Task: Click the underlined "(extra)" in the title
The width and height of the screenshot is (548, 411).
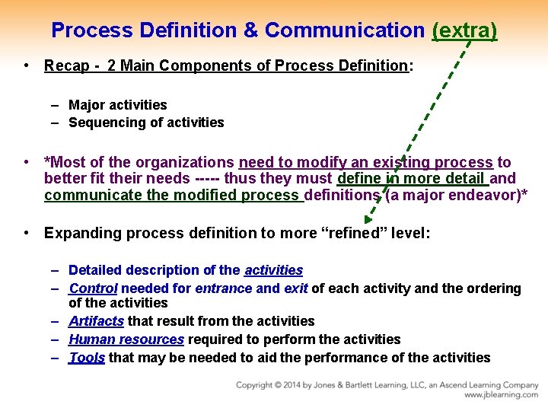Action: [x=464, y=30]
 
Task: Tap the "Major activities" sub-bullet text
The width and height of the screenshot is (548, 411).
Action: [x=117, y=105]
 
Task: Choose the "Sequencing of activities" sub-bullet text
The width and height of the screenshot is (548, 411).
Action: [x=146, y=123]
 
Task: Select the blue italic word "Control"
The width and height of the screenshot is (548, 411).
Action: [x=93, y=288]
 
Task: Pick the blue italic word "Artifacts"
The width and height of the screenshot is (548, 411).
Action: [x=96, y=321]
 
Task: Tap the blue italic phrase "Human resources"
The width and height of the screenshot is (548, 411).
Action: [x=126, y=339]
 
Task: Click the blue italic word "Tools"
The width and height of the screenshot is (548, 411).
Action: [x=87, y=358]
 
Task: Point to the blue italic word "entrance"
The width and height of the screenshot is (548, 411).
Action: [x=224, y=288]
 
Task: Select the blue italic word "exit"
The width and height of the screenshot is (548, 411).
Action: [x=296, y=288]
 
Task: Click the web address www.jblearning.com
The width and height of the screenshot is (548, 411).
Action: [x=502, y=395]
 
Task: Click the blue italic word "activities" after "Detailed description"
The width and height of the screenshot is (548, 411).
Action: [x=273, y=270]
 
